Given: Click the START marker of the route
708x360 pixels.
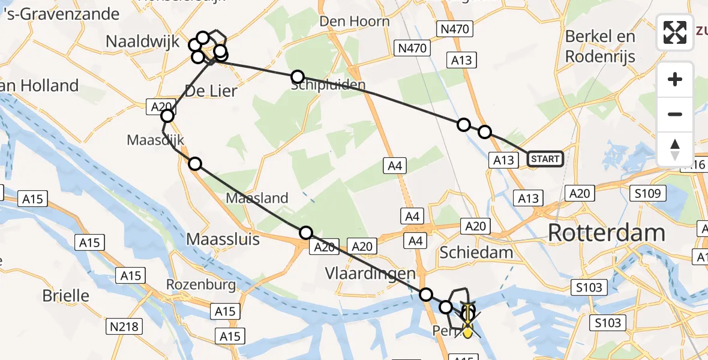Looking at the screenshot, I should click(545, 159).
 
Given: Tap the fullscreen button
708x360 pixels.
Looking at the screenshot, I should click(675, 32).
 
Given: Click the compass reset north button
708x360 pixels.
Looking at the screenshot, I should click(675, 149).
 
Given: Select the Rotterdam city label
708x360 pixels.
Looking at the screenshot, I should click(607, 233).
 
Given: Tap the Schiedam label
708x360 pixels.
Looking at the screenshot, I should click(476, 252).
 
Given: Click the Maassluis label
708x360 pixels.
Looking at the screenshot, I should click(223, 239).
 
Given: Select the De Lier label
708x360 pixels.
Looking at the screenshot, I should click(210, 91).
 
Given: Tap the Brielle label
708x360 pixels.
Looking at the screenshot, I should click(65, 296).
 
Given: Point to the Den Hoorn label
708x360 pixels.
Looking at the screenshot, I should click(355, 22).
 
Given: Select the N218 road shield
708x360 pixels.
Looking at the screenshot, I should click(124, 327).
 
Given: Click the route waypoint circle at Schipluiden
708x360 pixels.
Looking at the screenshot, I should click(298, 77).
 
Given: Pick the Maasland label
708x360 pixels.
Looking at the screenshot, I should click(257, 198).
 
